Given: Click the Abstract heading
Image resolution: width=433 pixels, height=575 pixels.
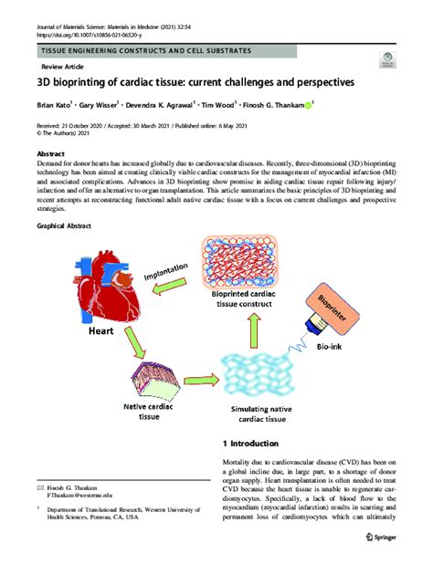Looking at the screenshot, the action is tap(52, 155).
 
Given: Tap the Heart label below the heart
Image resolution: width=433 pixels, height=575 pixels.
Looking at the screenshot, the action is tap(100, 333).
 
